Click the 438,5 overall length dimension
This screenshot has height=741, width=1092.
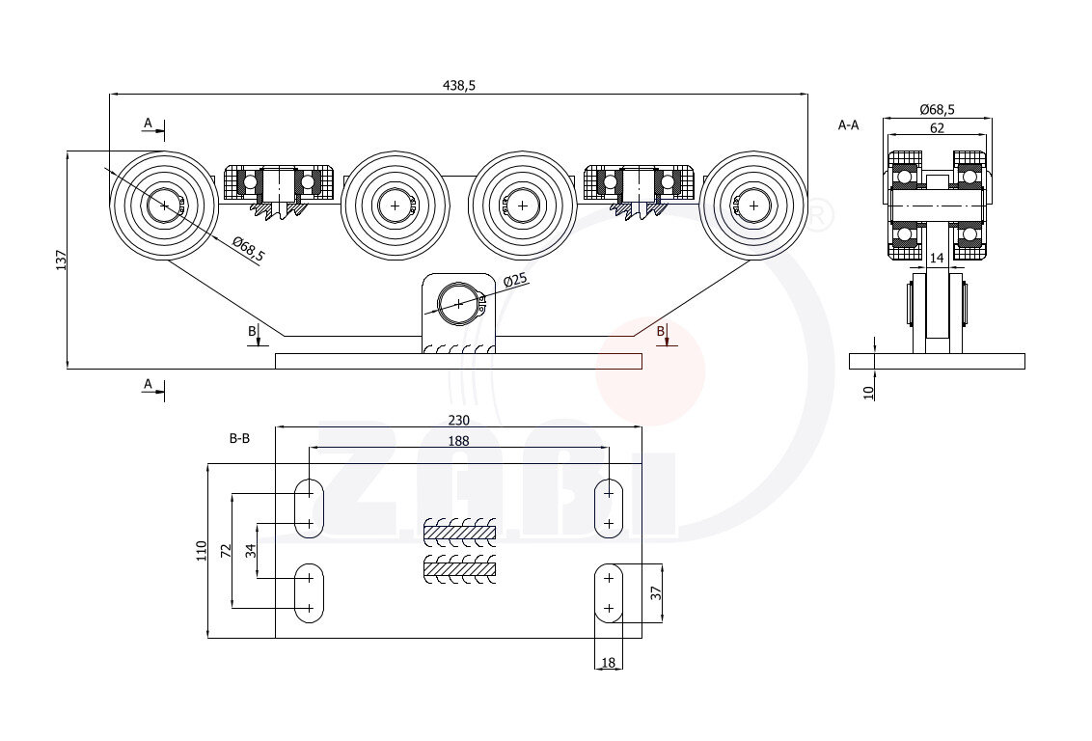pos(459,85)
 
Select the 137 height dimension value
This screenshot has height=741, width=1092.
pos(60,260)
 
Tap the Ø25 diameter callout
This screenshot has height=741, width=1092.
pos(516,281)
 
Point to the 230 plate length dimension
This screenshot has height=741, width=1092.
pos(458,420)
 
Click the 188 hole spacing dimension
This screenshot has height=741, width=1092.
pos(458,441)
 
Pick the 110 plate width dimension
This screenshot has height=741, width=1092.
pos(202,551)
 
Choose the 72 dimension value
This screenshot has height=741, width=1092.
pos(226,551)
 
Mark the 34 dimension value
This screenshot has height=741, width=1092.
pos(251,551)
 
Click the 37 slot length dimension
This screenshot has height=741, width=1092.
pos(656,594)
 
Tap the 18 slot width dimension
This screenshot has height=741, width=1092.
pos(608,663)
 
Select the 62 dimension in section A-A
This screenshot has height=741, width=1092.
pos(937,127)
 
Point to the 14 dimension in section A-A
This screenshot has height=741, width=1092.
pos(937,258)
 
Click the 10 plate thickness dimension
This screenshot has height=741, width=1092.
pos(868,391)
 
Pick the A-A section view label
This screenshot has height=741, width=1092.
pos(849,124)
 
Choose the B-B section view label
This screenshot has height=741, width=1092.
pos(239,438)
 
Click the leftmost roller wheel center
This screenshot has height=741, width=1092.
pos(165,205)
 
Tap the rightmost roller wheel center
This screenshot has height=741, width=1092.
pos(752,205)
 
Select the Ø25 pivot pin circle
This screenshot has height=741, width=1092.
pos(458,304)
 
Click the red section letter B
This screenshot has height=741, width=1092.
pos(661,331)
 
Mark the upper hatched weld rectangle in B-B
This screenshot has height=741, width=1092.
pos(460,531)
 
